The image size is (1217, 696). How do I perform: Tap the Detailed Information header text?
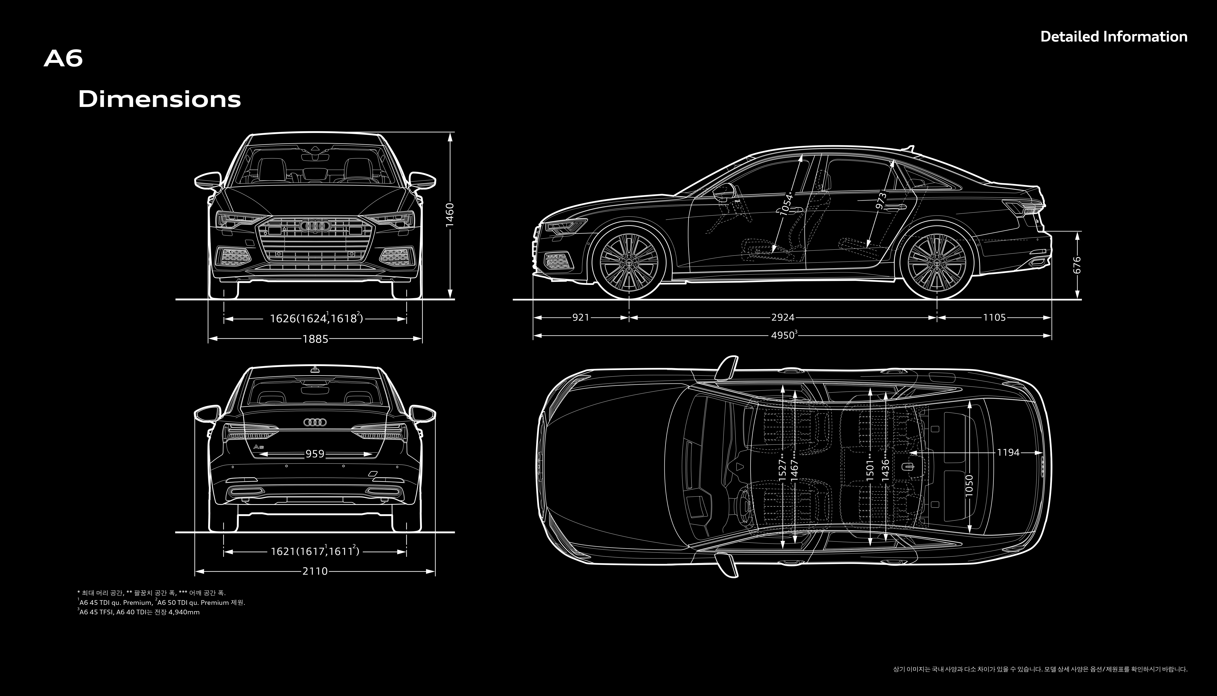point(1113,37)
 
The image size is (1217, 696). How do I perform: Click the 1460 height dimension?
point(449,216)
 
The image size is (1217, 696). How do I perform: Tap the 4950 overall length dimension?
point(783,335)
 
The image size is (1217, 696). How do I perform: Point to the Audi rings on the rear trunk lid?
point(315,422)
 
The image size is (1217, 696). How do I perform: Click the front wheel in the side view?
point(629,262)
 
